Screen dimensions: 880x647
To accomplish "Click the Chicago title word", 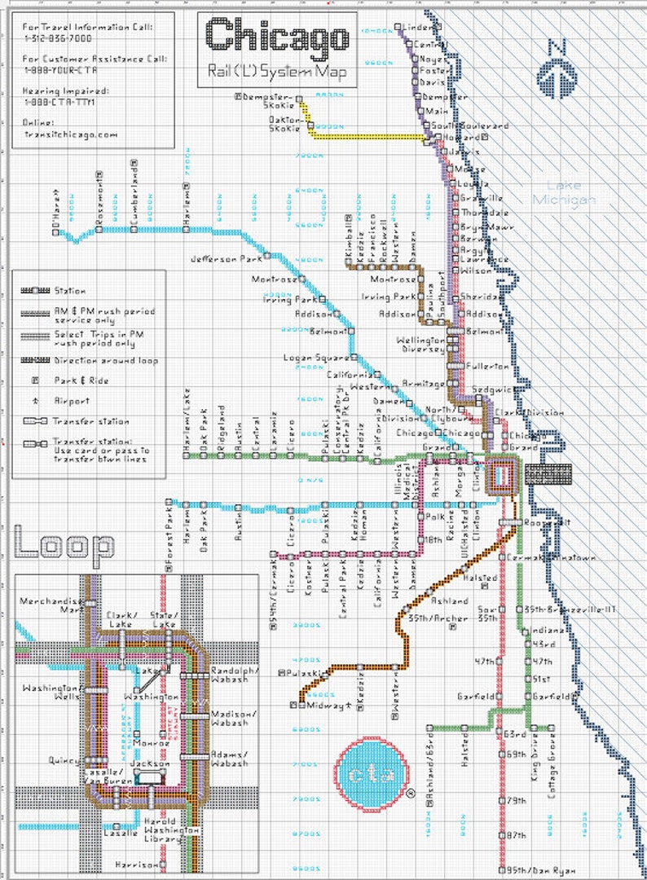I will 277,37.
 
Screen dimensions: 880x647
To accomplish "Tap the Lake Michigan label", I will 564,192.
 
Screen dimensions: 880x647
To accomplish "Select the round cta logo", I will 371,773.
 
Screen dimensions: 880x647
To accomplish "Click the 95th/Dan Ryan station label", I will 540,871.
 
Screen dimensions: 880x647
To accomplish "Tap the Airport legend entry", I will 73,401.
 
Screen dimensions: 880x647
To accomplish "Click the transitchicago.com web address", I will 71,134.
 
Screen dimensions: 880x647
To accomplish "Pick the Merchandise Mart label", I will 51,604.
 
